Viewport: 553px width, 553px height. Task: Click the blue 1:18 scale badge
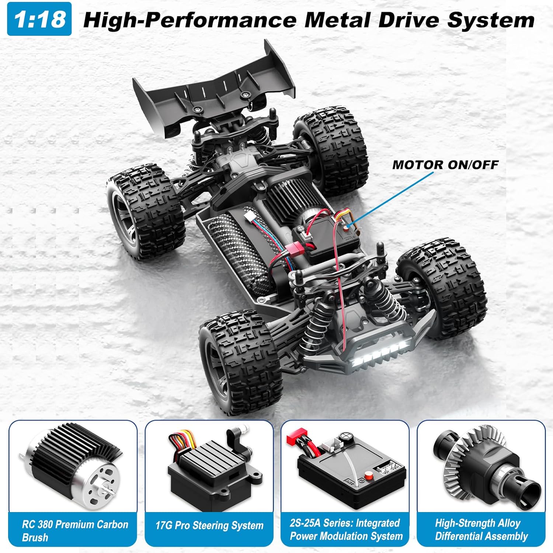pos(39,19)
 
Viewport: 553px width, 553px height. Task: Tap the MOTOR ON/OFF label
pos(445,165)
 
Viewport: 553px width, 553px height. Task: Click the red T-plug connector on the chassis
pos(295,250)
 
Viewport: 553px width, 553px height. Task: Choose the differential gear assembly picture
pos(481,466)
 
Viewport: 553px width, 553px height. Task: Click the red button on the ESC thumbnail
pos(368,474)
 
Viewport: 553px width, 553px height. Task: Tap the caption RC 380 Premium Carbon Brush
pos(74,531)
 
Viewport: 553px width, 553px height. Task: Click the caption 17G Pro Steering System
pos(209,525)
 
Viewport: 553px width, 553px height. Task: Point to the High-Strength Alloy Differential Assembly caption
pos(481,529)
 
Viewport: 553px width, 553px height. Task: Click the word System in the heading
pos(491,20)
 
